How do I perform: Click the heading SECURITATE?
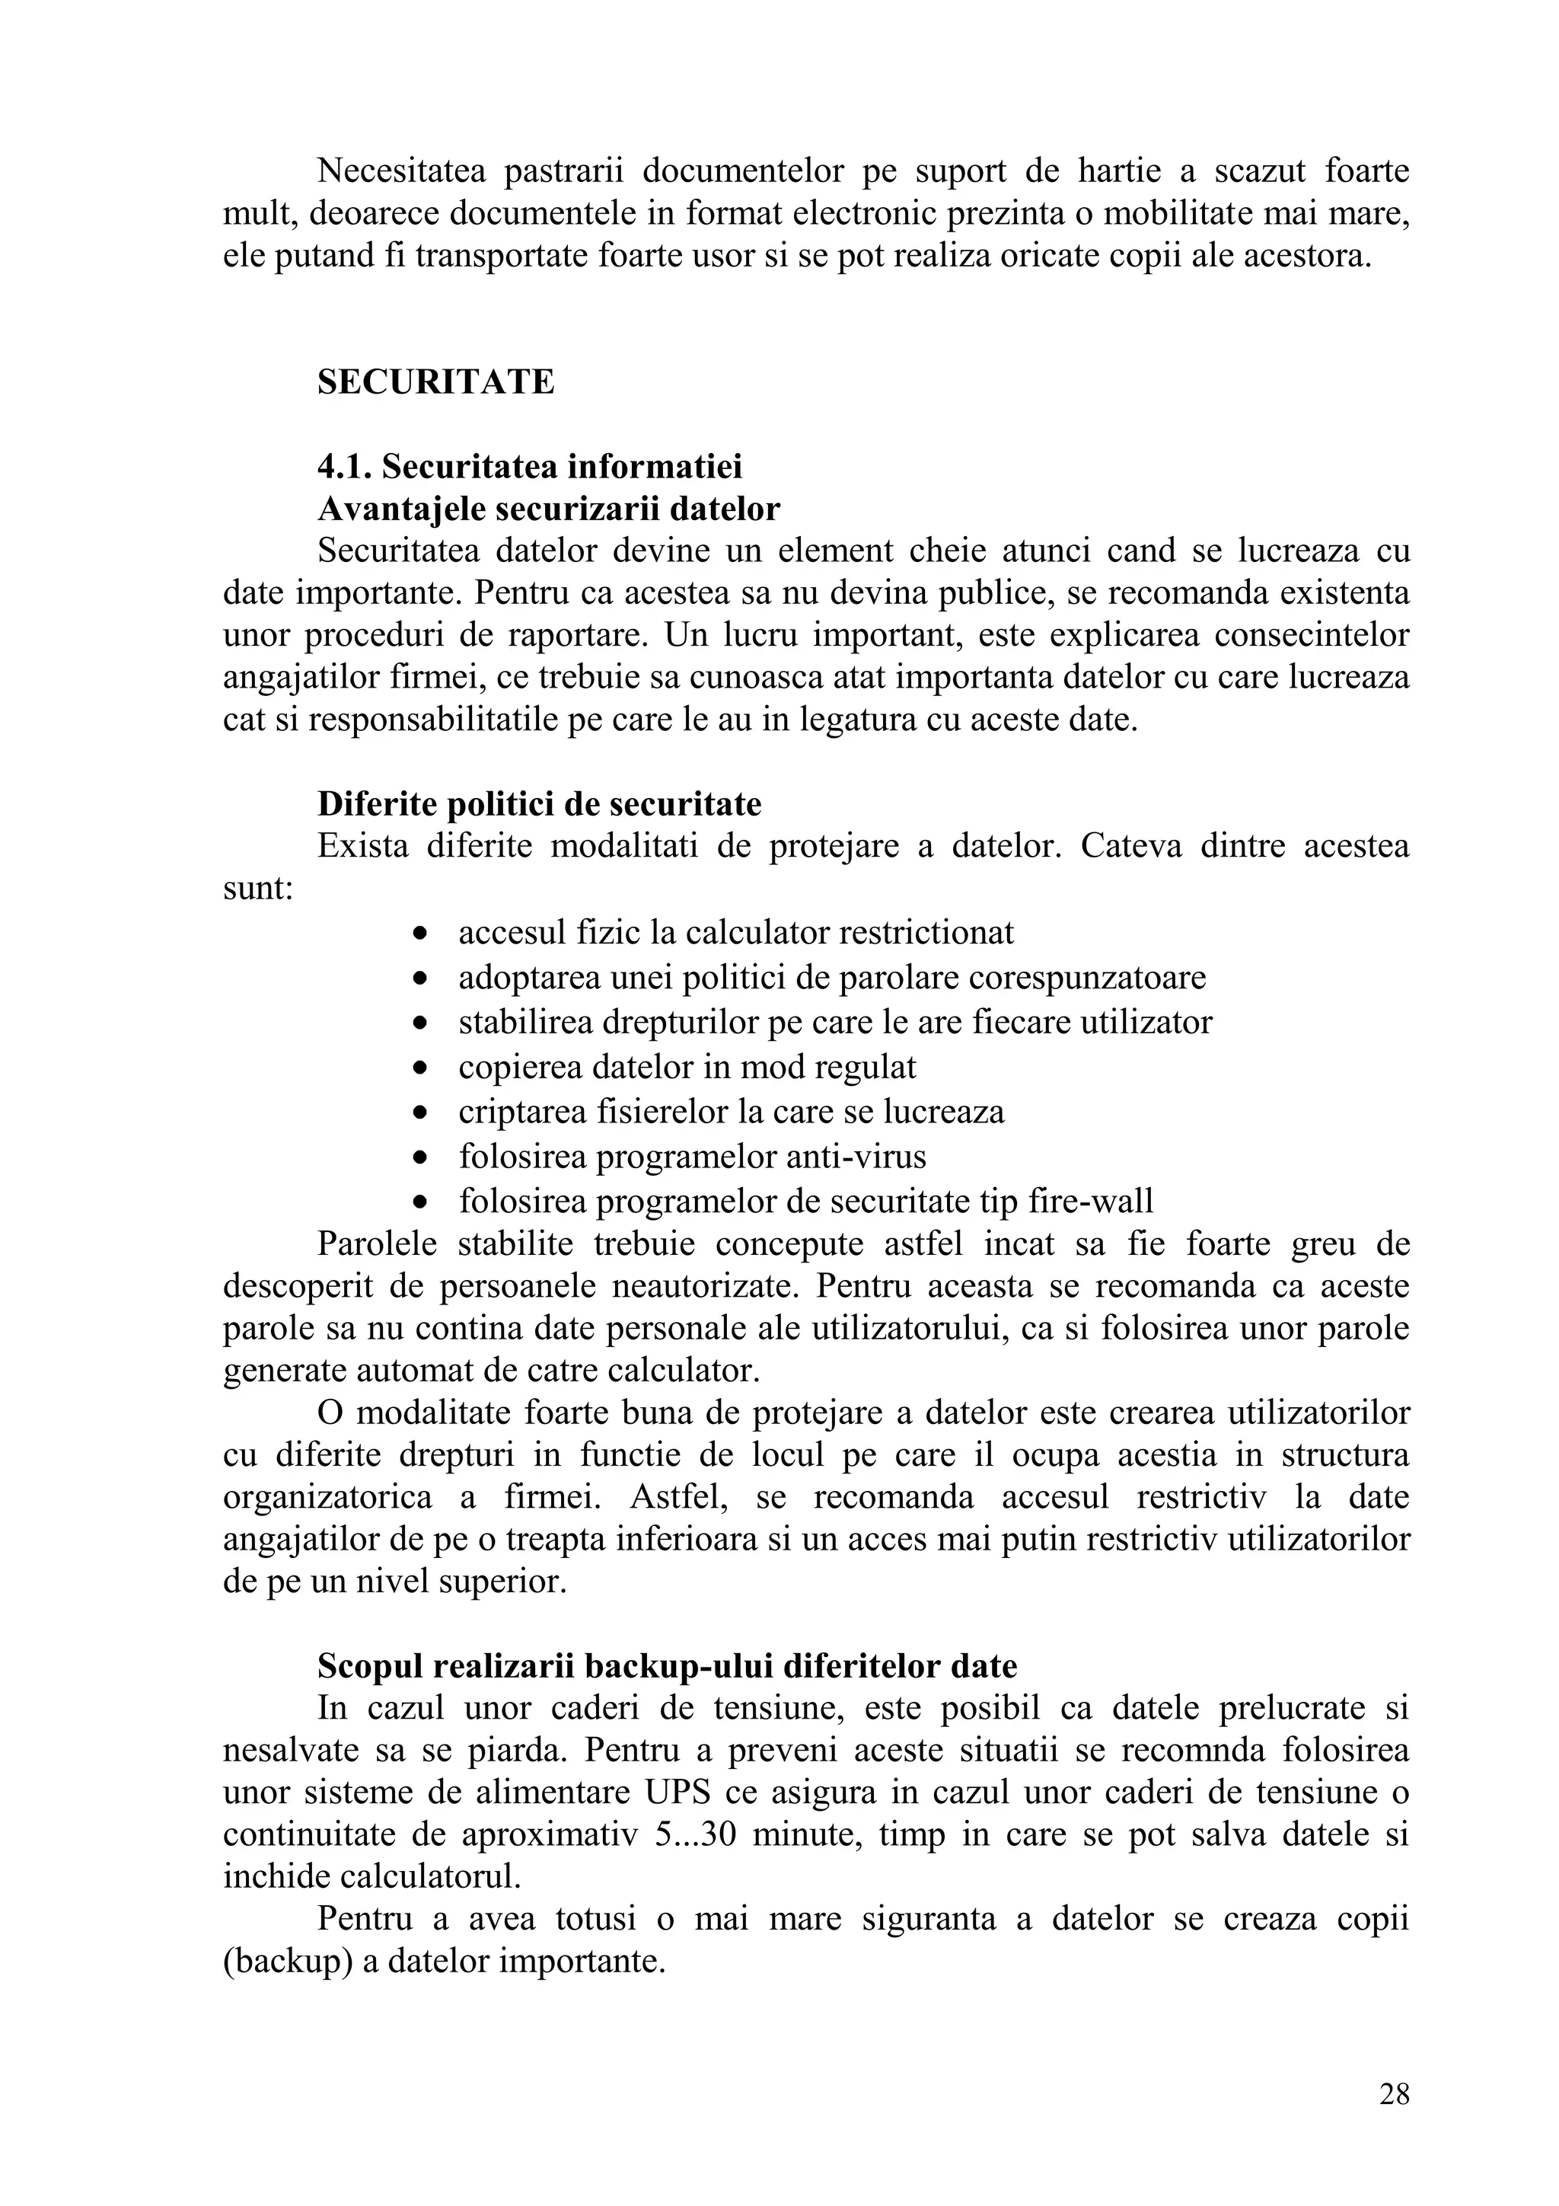pyautogui.click(x=435, y=382)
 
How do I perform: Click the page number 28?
pyautogui.click(x=1394, y=2093)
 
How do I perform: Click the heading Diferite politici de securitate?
pyautogui.click(x=539, y=803)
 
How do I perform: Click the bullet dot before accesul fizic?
pyautogui.click(x=419, y=933)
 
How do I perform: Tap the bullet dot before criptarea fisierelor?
pyautogui.click(x=419, y=1113)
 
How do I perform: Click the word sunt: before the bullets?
pyautogui.click(x=257, y=888)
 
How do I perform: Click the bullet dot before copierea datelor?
pyautogui.click(x=419, y=1068)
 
